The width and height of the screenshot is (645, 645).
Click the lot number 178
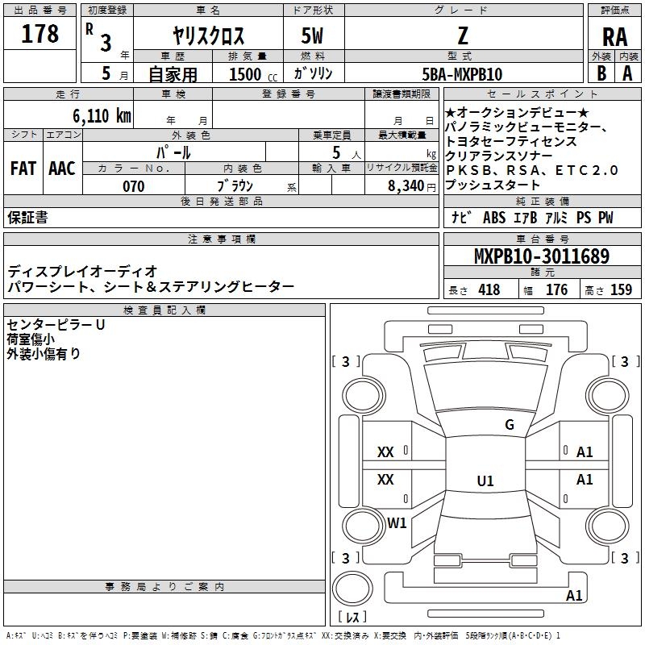pos(40,34)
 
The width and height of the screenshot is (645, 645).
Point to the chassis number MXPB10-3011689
pos(541,257)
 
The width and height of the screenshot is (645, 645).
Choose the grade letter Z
pos(462,36)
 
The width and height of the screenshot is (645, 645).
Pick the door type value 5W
pos(313,36)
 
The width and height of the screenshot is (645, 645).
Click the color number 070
pos(133,186)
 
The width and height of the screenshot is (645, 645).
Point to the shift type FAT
pos(23,169)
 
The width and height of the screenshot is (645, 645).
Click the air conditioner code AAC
pos(62,169)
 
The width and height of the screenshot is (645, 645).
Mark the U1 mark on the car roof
pos(485,481)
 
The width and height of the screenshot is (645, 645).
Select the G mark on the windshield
pos(509,425)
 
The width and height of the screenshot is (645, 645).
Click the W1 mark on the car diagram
pos(397,522)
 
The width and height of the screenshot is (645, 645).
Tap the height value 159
pos(621,290)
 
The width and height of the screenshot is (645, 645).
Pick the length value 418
pos(489,290)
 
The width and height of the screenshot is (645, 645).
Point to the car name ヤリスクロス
pos(208,36)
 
